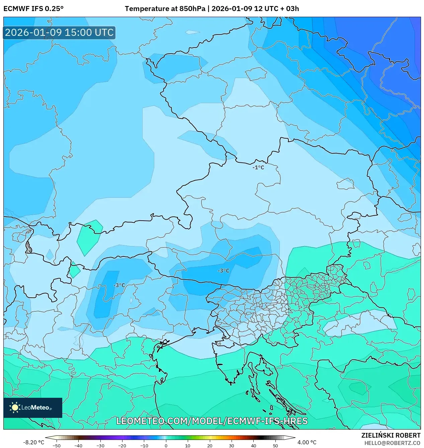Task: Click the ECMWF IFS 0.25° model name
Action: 33,9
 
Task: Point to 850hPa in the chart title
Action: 192,9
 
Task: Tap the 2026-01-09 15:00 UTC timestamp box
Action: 59,33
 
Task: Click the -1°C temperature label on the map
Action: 258,167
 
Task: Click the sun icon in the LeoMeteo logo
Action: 15,407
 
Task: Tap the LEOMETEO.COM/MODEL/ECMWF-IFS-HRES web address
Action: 212,421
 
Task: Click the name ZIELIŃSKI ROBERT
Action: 391,435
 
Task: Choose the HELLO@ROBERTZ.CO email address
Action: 392,443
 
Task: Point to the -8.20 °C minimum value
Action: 33,442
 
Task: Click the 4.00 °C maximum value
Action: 307,442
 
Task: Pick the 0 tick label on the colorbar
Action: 166,446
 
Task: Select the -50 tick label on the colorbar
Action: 57,446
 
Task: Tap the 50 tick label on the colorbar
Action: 275,446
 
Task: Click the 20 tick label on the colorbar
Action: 210,446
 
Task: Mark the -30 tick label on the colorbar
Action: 100,446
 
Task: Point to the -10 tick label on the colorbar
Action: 144,446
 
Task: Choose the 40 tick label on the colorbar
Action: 253,446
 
